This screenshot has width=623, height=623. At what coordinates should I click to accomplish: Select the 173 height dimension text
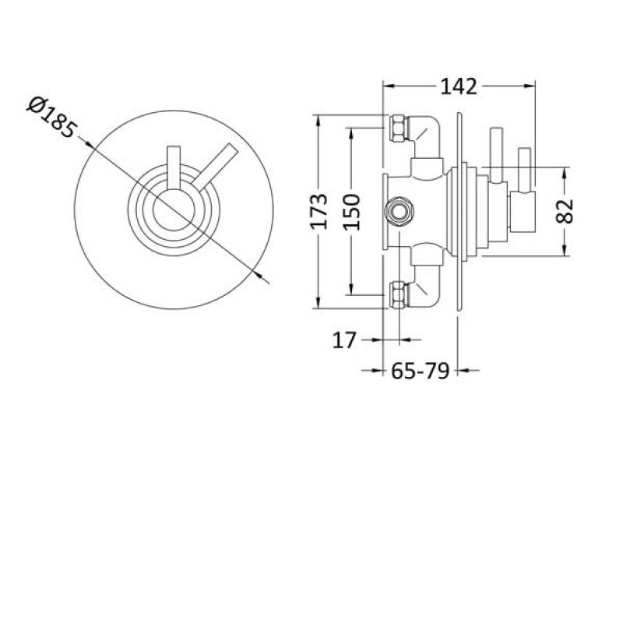tap(319, 212)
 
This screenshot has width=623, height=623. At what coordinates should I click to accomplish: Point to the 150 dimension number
tap(351, 212)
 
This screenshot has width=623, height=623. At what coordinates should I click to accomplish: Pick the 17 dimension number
tap(343, 340)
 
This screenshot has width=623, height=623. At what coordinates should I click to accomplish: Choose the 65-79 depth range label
tap(421, 371)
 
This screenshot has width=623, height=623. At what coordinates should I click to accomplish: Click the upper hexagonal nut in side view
tap(398, 128)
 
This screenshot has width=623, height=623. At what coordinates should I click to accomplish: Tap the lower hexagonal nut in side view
tap(398, 294)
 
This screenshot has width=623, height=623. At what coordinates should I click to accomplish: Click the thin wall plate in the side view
tap(459, 210)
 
